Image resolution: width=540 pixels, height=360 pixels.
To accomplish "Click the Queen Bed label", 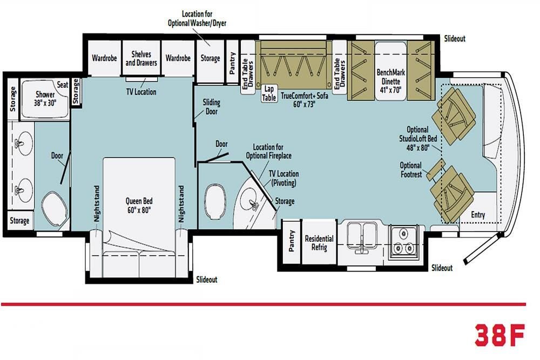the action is (139, 206).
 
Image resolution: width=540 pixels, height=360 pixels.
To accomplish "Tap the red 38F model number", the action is (501, 335).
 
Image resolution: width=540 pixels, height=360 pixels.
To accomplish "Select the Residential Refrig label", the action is (319, 243).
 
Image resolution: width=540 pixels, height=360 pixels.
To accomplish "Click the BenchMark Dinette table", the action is (390, 71).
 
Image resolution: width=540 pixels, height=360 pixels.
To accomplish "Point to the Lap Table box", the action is (268, 93).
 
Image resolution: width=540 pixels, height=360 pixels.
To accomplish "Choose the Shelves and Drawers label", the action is (141, 58).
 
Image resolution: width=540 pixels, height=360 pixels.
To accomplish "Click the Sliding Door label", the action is (212, 107).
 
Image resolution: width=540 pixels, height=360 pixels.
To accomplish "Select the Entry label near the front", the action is (478, 215).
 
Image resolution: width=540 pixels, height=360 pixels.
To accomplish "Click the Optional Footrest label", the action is (411, 169).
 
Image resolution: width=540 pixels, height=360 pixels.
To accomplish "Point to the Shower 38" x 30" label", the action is (45, 98).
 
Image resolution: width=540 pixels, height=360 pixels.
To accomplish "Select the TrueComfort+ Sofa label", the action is (305, 100).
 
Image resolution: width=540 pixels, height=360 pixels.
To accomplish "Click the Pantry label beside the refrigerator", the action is (292, 241).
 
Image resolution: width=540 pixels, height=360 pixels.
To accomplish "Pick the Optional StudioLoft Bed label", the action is (418, 139).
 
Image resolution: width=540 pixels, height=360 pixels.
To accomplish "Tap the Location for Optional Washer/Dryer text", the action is (197, 18).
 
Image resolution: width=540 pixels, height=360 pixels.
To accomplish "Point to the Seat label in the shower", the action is (62, 85).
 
